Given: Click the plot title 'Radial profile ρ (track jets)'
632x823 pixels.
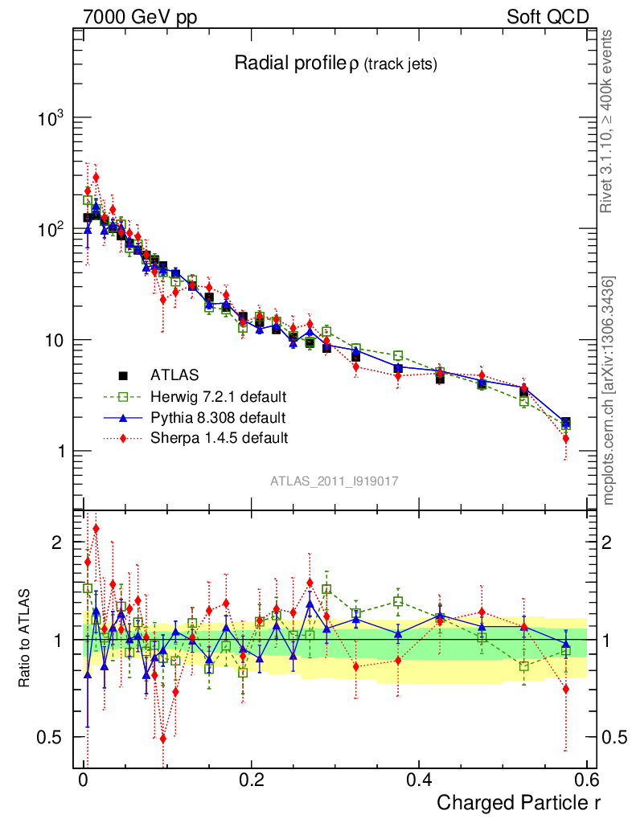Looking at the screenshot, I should coord(334,64).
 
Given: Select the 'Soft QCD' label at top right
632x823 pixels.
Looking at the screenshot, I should coord(547,17).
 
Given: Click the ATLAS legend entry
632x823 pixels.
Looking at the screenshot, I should coord(174,375).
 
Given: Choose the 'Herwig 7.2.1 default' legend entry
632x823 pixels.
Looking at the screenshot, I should coord(219,396).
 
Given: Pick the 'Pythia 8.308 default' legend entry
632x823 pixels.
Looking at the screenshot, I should coord(218,417).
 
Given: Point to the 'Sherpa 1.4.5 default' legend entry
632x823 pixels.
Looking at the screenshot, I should coord(219,438).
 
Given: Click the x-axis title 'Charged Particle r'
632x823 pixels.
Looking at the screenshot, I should coord(519,802).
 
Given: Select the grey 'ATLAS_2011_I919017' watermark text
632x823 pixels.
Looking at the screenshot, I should coord(334,481).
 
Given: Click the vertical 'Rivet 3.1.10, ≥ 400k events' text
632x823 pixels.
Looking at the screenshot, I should coord(608,121).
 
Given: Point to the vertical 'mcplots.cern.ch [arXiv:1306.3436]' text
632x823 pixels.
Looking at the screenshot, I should coord(609,390).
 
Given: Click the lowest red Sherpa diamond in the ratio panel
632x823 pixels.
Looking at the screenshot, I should coord(163,739).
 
